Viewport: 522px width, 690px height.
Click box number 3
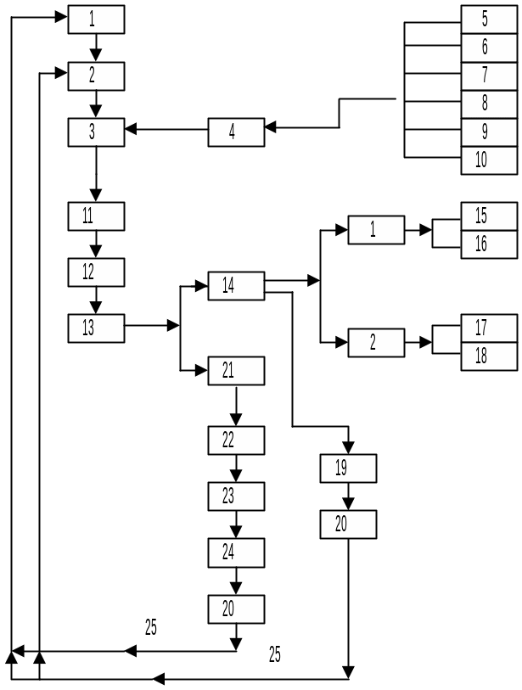point(96,132)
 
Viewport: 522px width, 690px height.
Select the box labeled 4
point(236,132)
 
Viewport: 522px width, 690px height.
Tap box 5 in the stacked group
point(489,19)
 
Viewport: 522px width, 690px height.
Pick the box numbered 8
point(489,104)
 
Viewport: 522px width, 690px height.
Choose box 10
point(489,160)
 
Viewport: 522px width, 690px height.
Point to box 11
point(96,216)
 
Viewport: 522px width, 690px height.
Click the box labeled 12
point(96,272)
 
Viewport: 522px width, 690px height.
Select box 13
point(96,328)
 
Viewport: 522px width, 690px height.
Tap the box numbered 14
point(236,286)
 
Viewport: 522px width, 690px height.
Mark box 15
point(489,216)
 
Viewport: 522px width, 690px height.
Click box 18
point(489,356)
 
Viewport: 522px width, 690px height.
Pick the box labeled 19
point(348,468)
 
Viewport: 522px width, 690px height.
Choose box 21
point(236,371)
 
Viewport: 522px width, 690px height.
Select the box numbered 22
point(236,440)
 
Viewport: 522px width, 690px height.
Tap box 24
point(236,553)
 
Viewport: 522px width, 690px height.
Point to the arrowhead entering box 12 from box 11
point(96,251)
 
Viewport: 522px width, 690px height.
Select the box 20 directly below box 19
point(348,525)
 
